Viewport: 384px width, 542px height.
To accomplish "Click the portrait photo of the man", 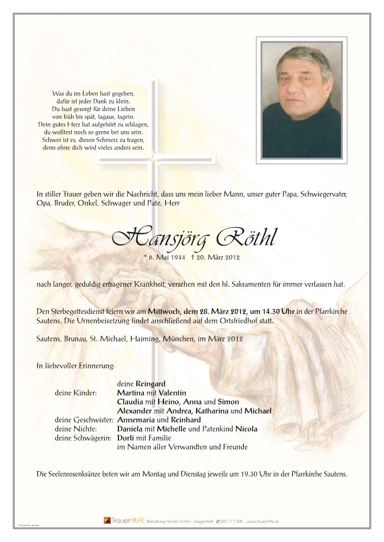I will (301, 99).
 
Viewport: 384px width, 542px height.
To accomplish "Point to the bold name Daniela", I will (131, 429).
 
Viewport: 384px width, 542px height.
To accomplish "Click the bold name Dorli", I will (125, 437).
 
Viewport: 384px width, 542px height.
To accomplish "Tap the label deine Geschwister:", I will (84, 420).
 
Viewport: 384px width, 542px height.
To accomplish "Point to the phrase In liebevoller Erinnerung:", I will (75, 366).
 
